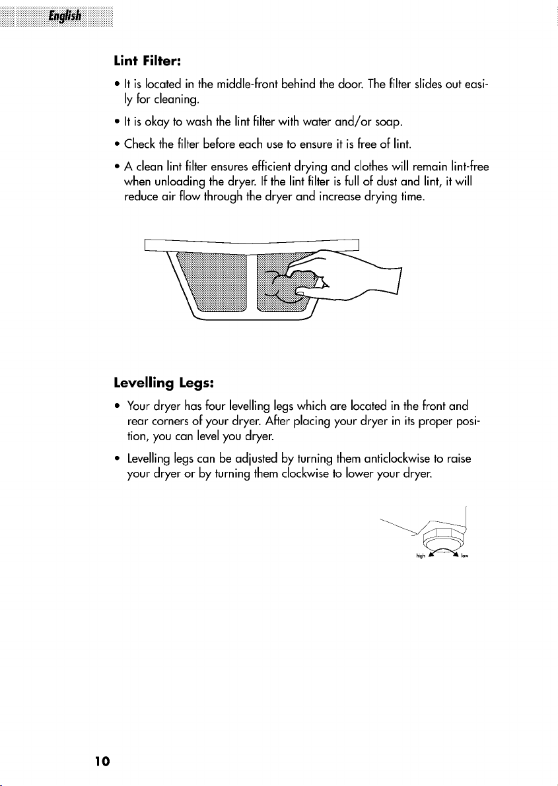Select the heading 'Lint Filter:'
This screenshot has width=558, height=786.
point(147,61)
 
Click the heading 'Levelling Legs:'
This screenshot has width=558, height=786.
point(164,383)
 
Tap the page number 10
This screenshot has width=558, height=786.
point(102,762)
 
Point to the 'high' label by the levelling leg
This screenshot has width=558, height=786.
point(421,556)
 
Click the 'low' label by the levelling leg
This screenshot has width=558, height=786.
point(464,556)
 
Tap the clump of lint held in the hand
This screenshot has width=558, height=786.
point(293,286)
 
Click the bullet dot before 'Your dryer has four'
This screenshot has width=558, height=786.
point(117,406)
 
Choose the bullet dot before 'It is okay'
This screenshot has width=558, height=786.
point(117,122)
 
